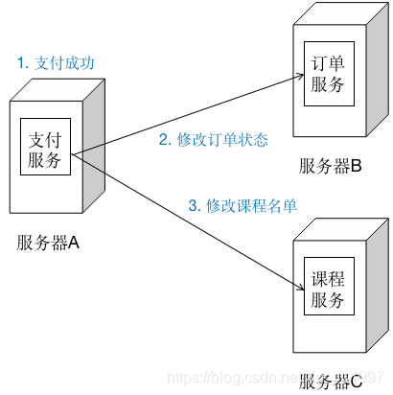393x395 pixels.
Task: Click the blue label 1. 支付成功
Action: (56, 63)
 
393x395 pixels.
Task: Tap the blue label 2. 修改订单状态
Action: (213, 140)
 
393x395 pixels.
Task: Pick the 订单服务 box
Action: (327, 75)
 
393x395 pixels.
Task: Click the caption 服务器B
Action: (330, 165)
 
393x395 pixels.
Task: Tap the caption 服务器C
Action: (330, 382)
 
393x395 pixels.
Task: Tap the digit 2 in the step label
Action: (162, 140)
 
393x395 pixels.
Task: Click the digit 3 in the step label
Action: (192, 206)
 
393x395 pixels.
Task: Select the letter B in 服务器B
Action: (356, 165)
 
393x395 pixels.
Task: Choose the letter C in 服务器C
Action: (356, 382)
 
